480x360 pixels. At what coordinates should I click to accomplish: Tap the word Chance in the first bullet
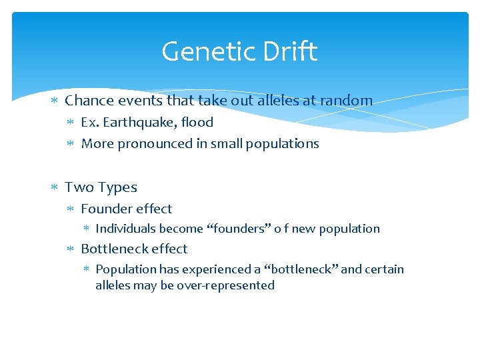[89, 101]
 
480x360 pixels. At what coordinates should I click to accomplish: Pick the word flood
[197, 123]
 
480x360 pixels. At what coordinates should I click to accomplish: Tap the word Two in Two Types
[78, 187]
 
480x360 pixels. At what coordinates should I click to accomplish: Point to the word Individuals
[125, 229]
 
